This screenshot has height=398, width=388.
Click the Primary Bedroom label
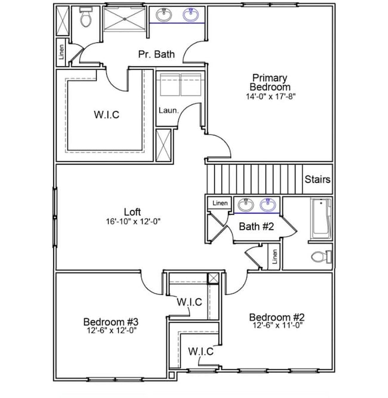[270, 82]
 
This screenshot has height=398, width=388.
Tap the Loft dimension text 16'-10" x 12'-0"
[133, 221]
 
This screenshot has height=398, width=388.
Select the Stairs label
[318, 179]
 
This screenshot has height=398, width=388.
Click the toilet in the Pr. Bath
[85, 17]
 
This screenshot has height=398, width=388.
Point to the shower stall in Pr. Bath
[124, 18]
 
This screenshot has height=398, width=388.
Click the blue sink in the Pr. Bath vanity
[190, 15]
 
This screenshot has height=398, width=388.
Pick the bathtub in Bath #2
[321, 219]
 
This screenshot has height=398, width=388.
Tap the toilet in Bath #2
[322, 257]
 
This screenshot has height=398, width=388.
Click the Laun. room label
[168, 110]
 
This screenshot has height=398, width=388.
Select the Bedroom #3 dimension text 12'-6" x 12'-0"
[112, 330]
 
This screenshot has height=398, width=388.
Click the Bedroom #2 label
[276, 317]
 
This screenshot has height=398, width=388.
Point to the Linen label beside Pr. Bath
[61, 52]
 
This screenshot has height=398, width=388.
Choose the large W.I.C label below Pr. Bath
[106, 115]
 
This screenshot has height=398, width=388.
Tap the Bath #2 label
[257, 226]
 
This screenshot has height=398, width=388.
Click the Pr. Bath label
[156, 54]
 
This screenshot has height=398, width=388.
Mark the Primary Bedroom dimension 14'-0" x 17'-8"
[270, 97]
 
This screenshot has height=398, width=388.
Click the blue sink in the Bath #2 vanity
[268, 205]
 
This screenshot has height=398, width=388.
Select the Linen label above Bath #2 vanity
[220, 203]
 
